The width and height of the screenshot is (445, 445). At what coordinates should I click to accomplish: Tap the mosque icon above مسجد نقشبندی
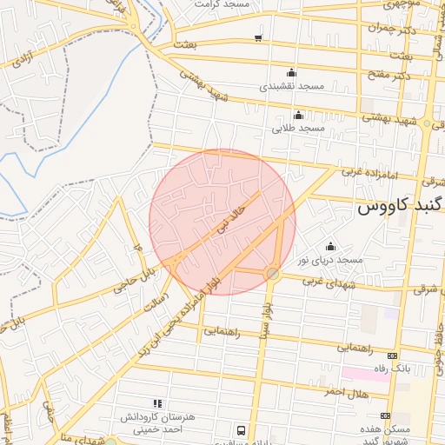coord(290,73)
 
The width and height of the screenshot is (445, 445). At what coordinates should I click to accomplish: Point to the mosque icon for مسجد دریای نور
coord(329,246)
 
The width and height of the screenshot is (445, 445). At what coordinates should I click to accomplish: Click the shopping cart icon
coord(258,37)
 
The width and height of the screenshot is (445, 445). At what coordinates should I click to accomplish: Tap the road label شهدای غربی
coord(325,282)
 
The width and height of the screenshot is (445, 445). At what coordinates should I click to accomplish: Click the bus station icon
coord(241,430)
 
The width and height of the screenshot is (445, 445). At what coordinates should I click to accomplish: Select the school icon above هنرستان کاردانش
coord(157,403)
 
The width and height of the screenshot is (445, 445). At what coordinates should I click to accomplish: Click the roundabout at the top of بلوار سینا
coord(273,274)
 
